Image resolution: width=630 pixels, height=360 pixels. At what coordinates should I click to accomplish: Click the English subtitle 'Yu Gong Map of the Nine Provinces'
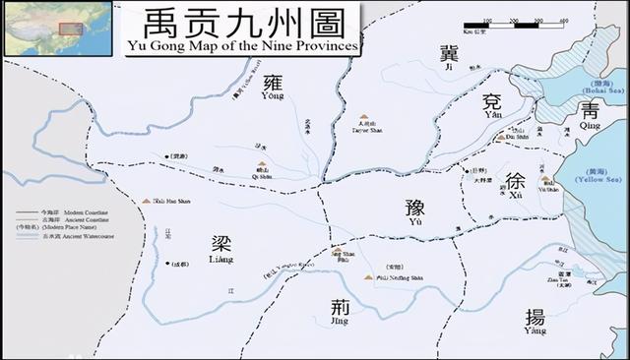pyautogui.click(x=243, y=47)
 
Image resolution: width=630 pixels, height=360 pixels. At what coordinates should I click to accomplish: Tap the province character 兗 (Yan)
pyautogui.click(x=493, y=103)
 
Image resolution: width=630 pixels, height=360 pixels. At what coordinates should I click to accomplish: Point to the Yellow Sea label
pyautogui.click(x=595, y=176)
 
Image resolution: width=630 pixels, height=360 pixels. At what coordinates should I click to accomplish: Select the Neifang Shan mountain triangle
pyautogui.click(x=367, y=277)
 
